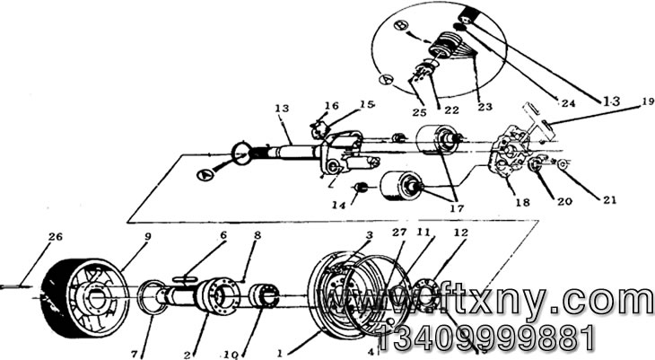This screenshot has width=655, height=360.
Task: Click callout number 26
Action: point(55,238)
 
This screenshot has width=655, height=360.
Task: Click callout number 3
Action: point(367,235)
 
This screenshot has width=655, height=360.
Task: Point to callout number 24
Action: point(567,104)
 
